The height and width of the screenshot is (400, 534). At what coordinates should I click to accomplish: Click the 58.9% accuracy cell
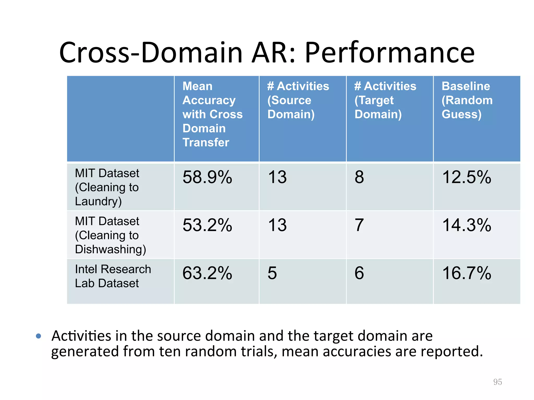[x=207, y=177]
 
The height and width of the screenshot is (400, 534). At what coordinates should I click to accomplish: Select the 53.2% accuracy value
[x=207, y=225]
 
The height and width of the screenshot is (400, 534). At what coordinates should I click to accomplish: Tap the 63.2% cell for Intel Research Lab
[x=207, y=273]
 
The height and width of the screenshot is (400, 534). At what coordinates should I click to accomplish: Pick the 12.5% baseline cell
[x=467, y=177]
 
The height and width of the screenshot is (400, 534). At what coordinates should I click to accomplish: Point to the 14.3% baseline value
[x=467, y=225]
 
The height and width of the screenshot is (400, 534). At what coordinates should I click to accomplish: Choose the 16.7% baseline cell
[x=467, y=273]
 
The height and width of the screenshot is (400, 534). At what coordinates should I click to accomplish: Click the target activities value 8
[x=359, y=177]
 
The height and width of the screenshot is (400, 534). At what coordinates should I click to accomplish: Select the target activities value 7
[x=359, y=225]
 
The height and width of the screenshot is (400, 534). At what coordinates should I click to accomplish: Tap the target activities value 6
[x=359, y=273]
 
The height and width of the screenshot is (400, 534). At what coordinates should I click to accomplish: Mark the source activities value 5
[x=272, y=273]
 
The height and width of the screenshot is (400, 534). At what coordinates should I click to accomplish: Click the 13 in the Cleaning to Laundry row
[x=277, y=177]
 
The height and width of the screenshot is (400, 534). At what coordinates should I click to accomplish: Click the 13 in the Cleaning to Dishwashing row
[x=277, y=225]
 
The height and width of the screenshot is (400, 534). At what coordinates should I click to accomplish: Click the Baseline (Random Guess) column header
[x=467, y=100]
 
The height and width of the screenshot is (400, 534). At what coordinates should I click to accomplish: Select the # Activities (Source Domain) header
[x=298, y=100]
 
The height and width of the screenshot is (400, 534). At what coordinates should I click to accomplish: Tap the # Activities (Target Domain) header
[x=385, y=100]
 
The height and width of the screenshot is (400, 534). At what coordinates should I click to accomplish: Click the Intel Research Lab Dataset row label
[x=113, y=276]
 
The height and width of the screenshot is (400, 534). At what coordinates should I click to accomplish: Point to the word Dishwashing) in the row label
[x=111, y=249]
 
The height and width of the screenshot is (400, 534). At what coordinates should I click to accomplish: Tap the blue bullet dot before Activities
[x=39, y=336]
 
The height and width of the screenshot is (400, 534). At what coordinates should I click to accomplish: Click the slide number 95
[x=497, y=382]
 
